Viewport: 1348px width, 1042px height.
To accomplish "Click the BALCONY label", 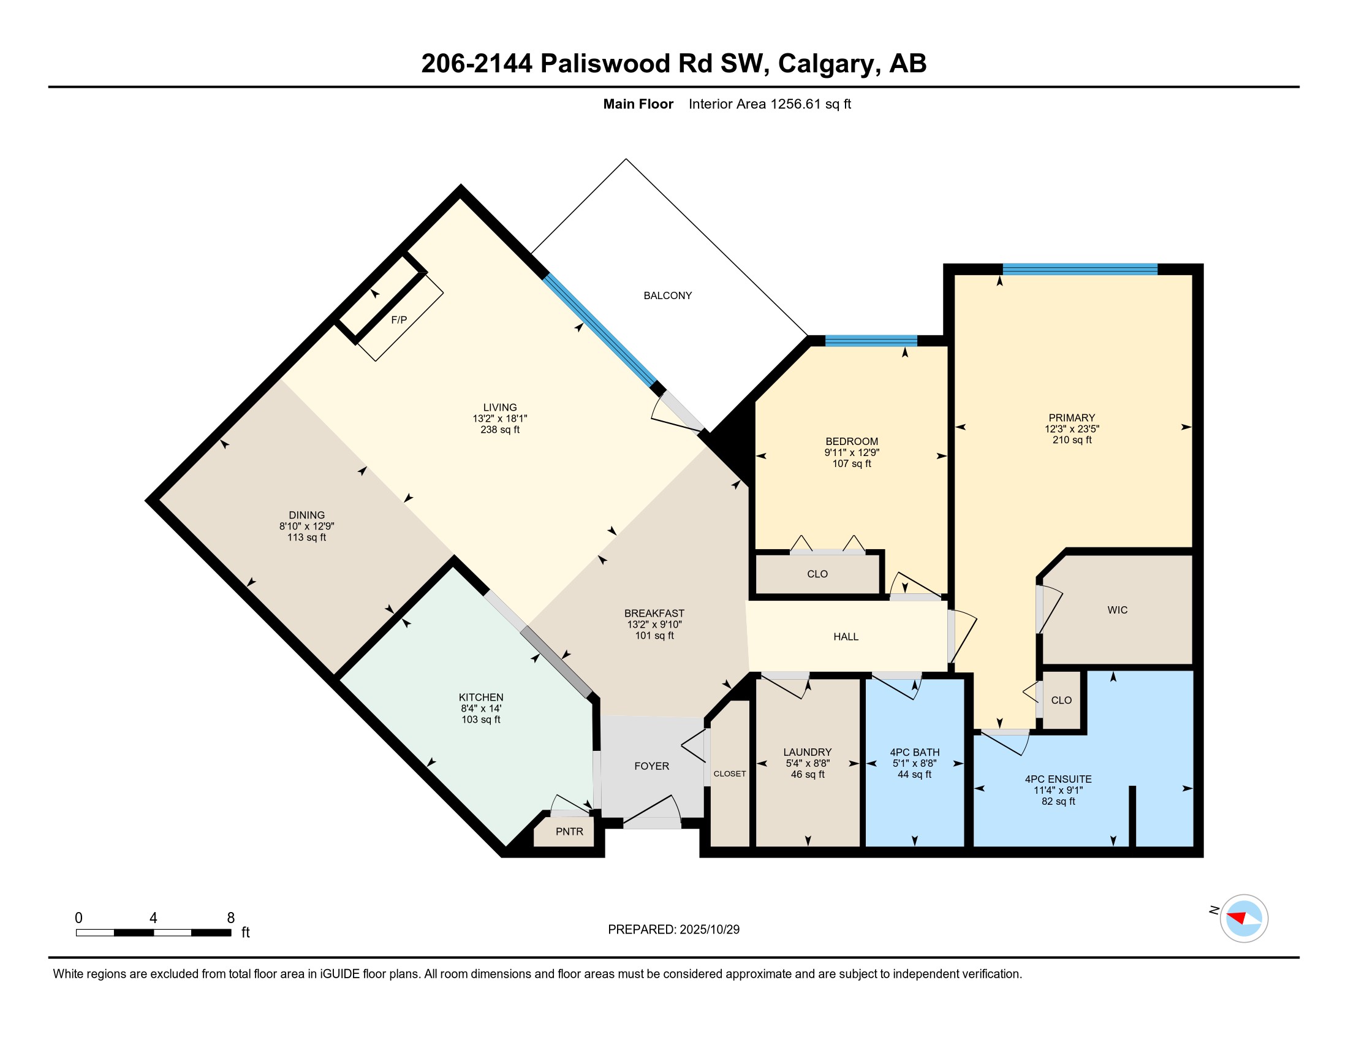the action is pyautogui.click(x=667, y=295).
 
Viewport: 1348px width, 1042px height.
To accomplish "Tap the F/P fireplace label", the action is pyautogui.click(x=399, y=320).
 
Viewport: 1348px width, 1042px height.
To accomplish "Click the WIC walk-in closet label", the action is pyautogui.click(x=1117, y=610).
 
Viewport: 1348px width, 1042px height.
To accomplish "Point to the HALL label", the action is pyautogui.click(x=846, y=636).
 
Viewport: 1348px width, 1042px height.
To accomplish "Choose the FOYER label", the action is pyautogui.click(x=651, y=766).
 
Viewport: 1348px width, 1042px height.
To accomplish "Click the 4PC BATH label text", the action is pyautogui.click(x=915, y=753).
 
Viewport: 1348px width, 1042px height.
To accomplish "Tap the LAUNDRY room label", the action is pyautogui.click(x=808, y=752).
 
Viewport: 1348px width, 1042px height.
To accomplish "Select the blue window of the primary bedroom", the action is pyautogui.click(x=1080, y=269).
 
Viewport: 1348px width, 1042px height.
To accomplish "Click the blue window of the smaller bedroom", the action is pyautogui.click(x=871, y=341).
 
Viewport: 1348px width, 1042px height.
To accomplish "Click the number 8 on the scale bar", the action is pyautogui.click(x=231, y=918).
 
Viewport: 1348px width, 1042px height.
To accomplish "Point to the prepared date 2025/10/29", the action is pyautogui.click(x=709, y=930).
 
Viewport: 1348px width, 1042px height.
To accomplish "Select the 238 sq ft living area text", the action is pyautogui.click(x=500, y=430).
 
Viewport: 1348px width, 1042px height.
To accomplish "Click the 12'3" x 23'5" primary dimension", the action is pyautogui.click(x=1072, y=429).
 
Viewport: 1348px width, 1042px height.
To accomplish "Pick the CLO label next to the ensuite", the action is pyautogui.click(x=1061, y=700).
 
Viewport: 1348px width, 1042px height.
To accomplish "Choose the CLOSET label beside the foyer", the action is pyautogui.click(x=730, y=774).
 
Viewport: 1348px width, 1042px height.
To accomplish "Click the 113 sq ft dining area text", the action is pyautogui.click(x=306, y=538).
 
